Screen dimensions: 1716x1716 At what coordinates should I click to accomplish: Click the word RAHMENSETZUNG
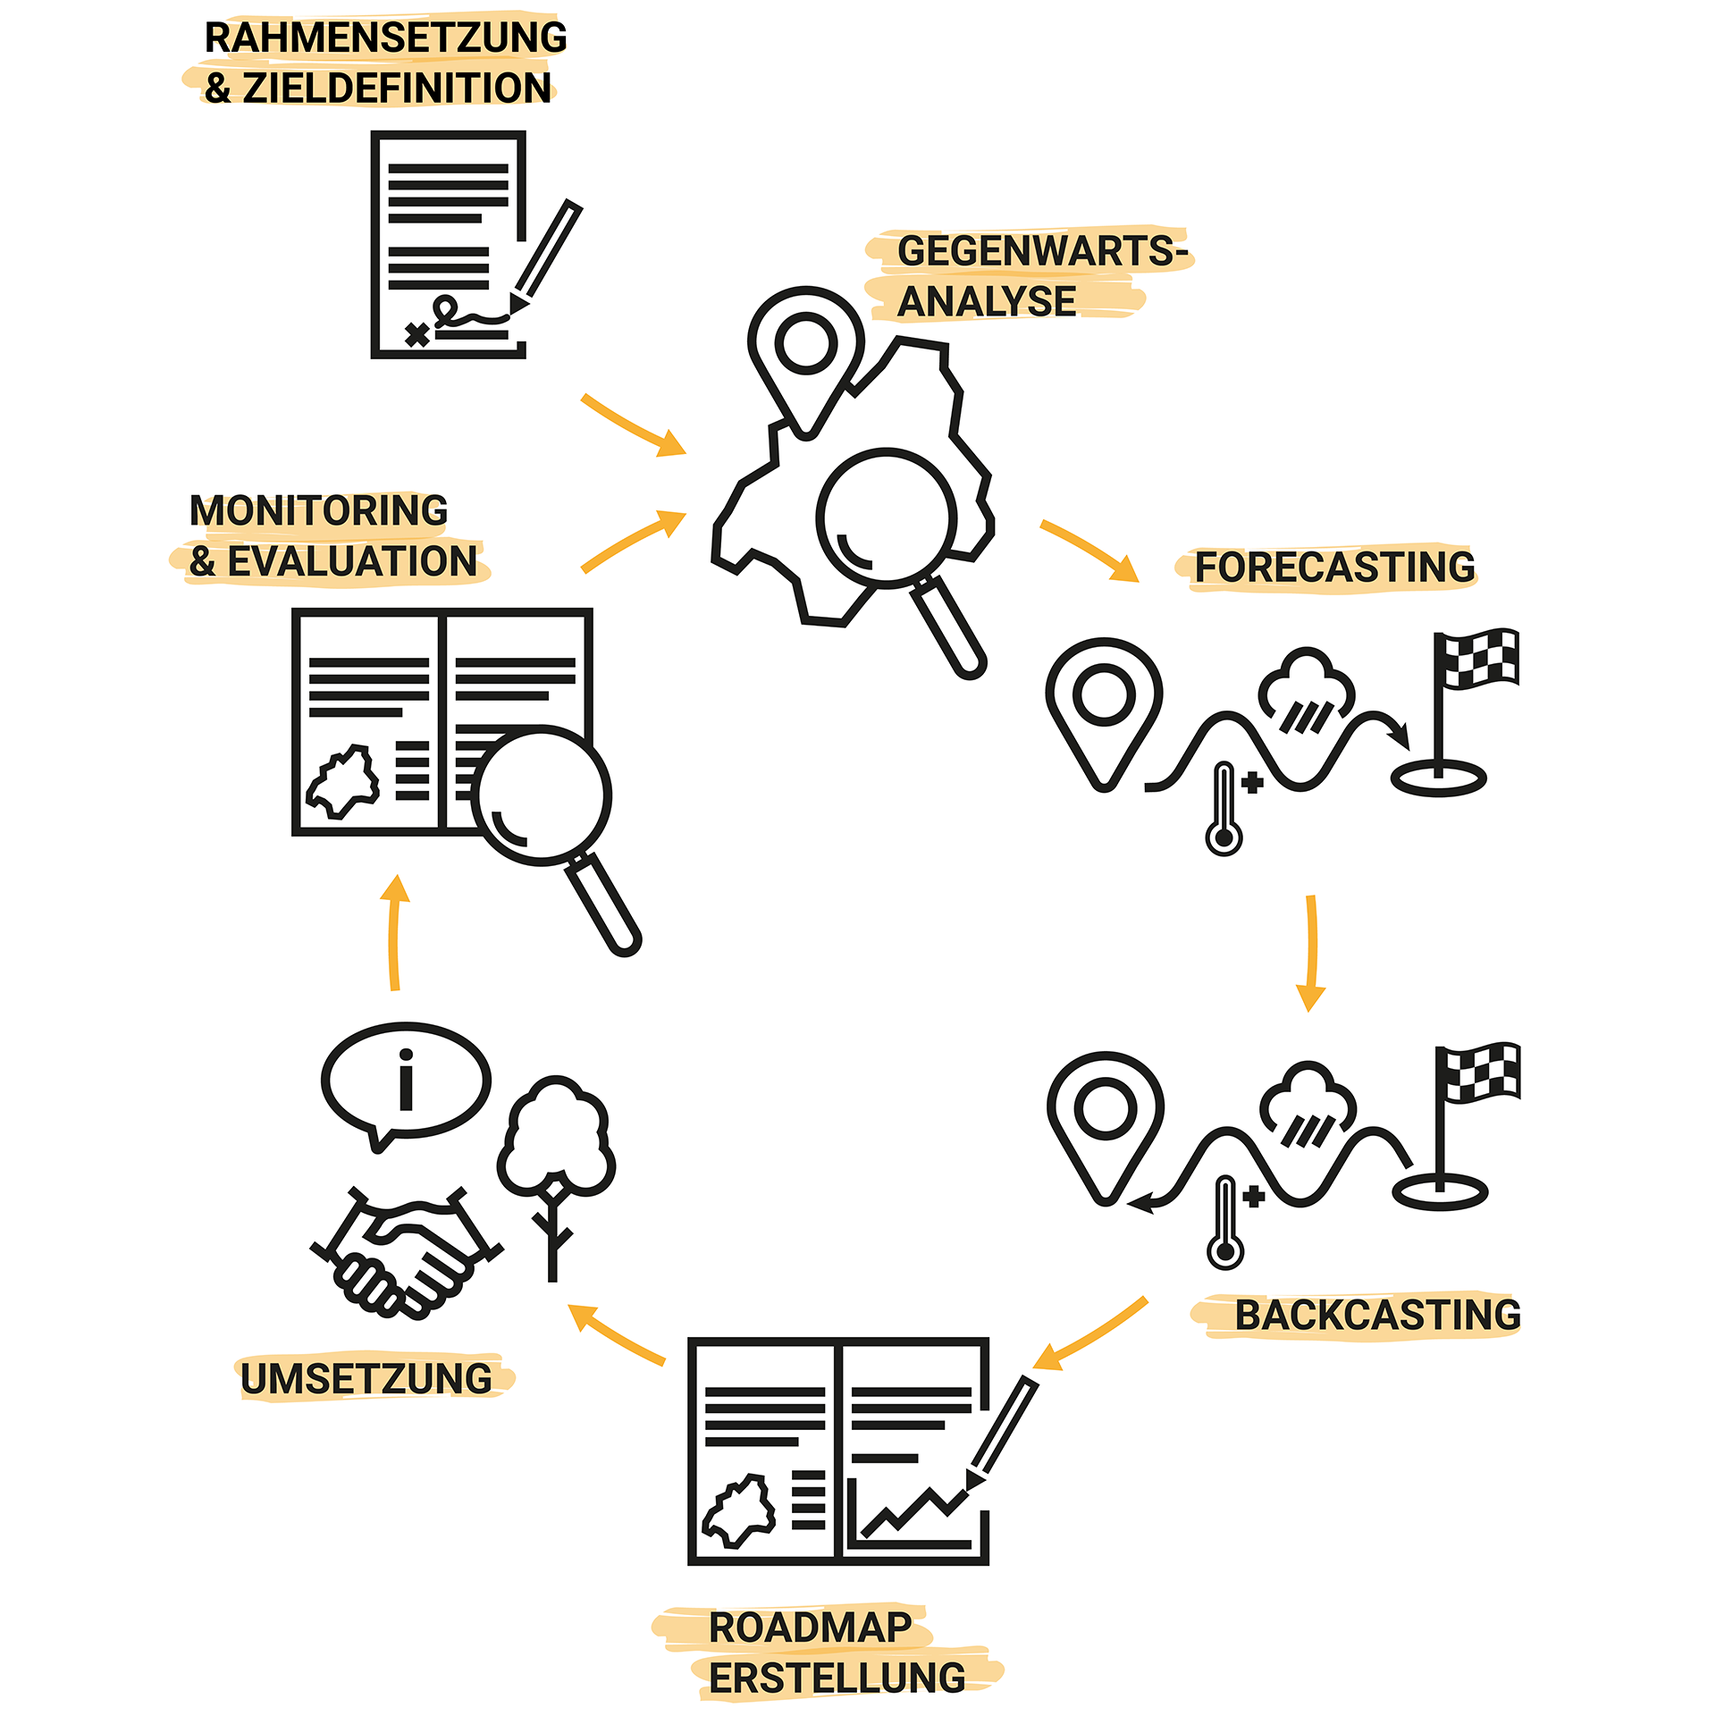pos(385,38)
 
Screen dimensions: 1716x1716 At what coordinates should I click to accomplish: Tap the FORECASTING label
pos(1334,568)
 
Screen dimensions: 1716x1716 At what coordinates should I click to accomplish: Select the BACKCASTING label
pos(1377,1316)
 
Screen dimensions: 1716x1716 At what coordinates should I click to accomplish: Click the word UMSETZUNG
pos(366,1379)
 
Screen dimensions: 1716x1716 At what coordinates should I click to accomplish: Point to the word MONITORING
pos(319,511)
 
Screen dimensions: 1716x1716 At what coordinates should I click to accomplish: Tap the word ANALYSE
pos(987,301)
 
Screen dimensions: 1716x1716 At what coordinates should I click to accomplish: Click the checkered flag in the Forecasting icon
pos(1479,659)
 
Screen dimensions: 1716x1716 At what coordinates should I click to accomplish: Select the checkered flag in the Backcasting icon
pos(1481,1072)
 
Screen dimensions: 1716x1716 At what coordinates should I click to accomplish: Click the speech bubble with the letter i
pos(407,1081)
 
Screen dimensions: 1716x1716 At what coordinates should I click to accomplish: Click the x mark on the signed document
pos(416,335)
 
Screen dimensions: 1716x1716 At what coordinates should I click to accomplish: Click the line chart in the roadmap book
pos(912,1510)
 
